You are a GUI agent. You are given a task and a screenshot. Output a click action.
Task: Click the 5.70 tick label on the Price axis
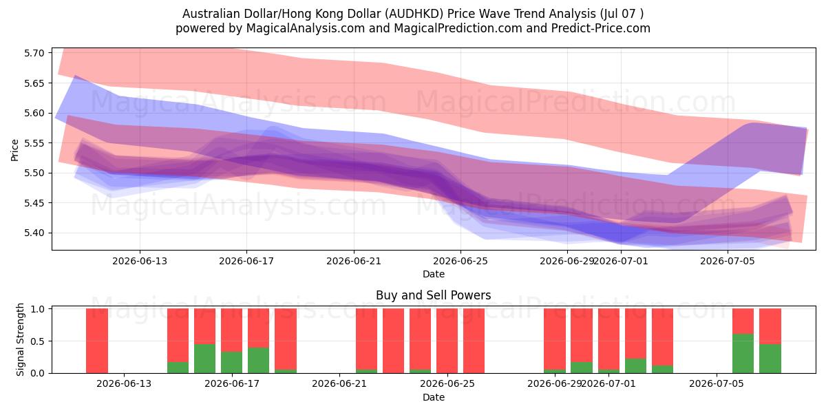pyautogui.click(x=34, y=53)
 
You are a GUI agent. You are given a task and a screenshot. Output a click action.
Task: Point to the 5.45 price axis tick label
pyautogui.click(x=34, y=203)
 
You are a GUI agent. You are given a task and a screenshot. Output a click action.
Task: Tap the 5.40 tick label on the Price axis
pyautogui.click(x=34, y=233)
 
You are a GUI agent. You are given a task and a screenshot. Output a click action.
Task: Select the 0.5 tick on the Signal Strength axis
pyautogui.click(x=38, y=341)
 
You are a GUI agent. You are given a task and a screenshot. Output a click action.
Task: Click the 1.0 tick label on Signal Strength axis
pyautogui.click(x=38, y=309)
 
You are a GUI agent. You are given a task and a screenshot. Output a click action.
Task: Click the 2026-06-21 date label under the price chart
pyautogui.click(x=354, y=261)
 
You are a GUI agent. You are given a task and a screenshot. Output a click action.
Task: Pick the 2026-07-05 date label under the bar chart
pyautogui.click(x=717, y=383)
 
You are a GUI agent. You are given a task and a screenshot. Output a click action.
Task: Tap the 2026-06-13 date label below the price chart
pyautogui.click(x=140, y=261)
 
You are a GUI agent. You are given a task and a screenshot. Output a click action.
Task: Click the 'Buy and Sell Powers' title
pyautogui.click(x=433, y=295)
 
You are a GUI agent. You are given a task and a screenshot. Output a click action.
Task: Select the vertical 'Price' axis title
pyautogui.click(x=14, y=150)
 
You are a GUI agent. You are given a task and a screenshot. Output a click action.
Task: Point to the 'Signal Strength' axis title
pyautogui.click(x=20, y=339)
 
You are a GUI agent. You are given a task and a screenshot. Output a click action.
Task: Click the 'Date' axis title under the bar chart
pyautogui.click(x=434, y=397)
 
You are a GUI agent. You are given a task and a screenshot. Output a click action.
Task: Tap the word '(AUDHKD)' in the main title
pyautogui.click(x=414, y=14)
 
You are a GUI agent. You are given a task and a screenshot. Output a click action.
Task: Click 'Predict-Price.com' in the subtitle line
pyautogui.click(x=601, y=28)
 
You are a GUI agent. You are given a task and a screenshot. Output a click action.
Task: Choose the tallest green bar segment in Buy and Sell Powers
pyautogui.click(x=743, y=354)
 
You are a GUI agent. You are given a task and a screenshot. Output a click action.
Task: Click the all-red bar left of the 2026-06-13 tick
pyautogui.click(x=97, y=341)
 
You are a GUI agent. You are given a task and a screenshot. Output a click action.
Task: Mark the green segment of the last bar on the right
pyautogui.click(x=770, y=359)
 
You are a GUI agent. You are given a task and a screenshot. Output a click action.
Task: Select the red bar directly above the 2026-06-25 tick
pyautogui.click(x=447, y=341)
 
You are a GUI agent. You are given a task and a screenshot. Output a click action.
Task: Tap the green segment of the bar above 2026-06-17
pyautogui.click(x=231, y=363)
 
